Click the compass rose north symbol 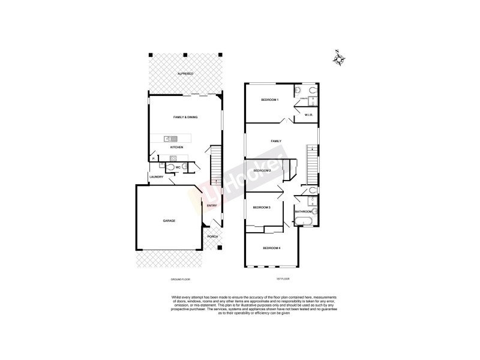pyautogui.click(x=340, y=58)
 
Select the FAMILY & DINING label pyautogui.click(x=185, y=117)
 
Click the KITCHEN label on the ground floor pyautogui.click(x=176, y=148)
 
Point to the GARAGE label pyautogui.click(x=169, y=221)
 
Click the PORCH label pyautogui.click(x=212, y=237)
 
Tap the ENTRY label pyautogui.click(x=211, y=206)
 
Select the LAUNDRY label pyautogui.click(x=157, y=177)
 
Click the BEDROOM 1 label pyautogui.click(x=269, y=100)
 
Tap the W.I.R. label pyautogui.click(x=310, y=115)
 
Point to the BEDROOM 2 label pyautogui.click(x=262, y=171)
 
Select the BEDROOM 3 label pyautogui.click(x=262, y=208)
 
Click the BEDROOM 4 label pyautogui.click(x=272, y=248)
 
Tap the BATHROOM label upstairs pyautogui.click(x=303, y=212)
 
